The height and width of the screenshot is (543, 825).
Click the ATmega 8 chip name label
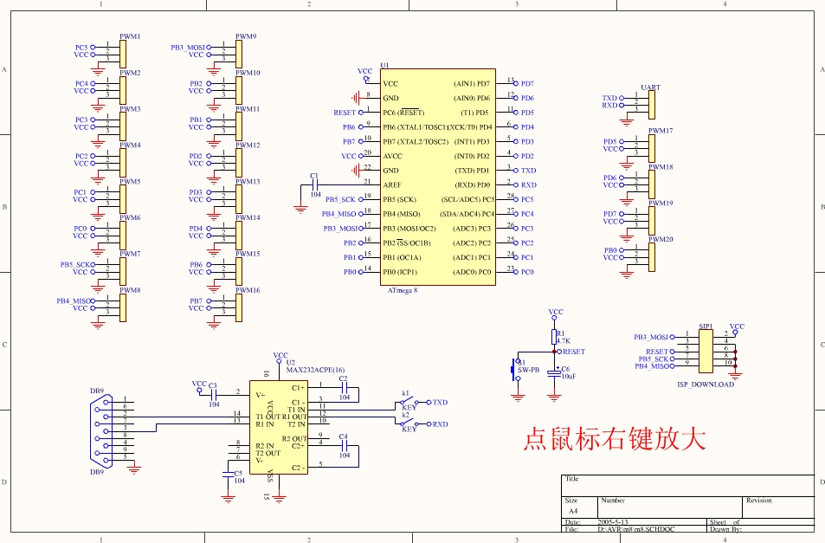403,290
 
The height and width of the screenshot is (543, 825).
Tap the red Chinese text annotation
614,438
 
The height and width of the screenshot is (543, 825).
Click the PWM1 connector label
130,37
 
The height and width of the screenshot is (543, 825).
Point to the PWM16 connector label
248,290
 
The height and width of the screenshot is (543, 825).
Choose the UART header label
650,87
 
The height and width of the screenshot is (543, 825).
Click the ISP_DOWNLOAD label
705,385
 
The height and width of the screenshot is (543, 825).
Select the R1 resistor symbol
555,337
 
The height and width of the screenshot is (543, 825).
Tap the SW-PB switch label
528,370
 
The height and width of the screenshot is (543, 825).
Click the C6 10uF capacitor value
570,377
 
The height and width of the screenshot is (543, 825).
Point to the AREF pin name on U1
392,184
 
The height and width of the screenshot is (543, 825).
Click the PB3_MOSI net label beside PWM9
188,48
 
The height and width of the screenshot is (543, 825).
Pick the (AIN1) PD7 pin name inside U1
472,83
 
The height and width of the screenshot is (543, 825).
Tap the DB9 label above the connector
97,391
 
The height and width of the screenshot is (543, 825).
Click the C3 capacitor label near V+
213,385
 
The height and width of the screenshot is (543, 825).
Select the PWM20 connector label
661,239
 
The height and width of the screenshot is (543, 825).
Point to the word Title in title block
572,479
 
